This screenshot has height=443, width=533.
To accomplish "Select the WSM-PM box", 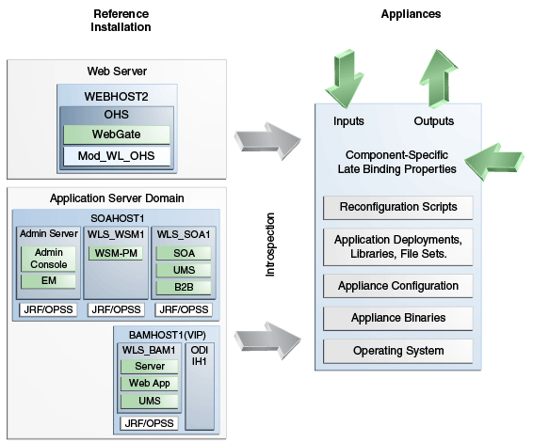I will point(115,253).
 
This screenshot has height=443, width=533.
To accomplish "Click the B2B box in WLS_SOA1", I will point(184,287).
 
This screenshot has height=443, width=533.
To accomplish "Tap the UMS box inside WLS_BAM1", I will point(149,402).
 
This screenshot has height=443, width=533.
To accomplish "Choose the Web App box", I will point(149,384).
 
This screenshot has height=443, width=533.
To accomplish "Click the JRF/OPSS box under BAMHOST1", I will point(149,423).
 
